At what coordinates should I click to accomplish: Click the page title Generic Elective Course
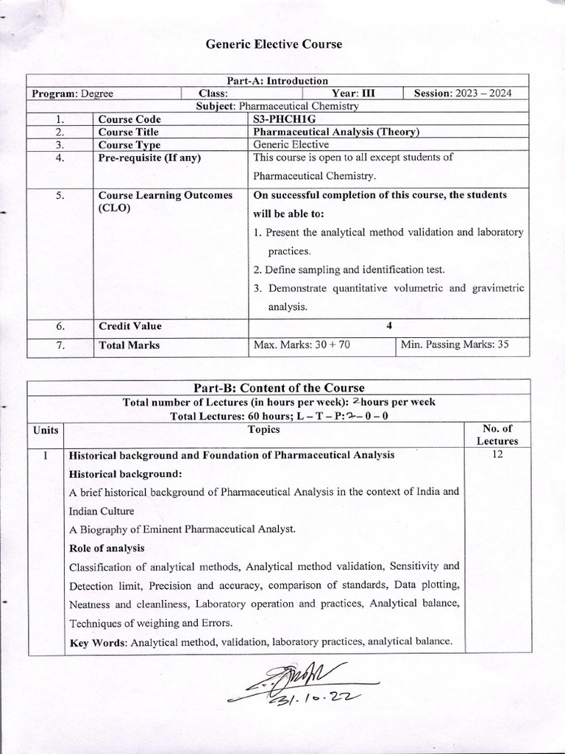[x=274, y=44]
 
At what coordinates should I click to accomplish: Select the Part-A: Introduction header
[x=278, y=81]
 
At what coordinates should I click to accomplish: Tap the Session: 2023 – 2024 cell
[x=463, y=94]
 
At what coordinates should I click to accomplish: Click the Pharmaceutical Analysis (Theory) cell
[x=335, y=132]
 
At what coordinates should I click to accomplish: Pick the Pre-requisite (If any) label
[x=149, y=157]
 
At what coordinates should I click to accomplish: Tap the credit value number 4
[x=388, y=325]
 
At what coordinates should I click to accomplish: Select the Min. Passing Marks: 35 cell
[x=454, y=344]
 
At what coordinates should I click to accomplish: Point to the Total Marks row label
[x=129, y=344]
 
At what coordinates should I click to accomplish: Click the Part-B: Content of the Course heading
[x=278, y=388]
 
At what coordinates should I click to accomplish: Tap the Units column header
[x=46, y=429]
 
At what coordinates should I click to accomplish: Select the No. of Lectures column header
[x=497, y=434]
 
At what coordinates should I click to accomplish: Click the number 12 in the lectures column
[x=497, y=455]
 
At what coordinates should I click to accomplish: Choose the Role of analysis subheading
[x=107, y=548]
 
